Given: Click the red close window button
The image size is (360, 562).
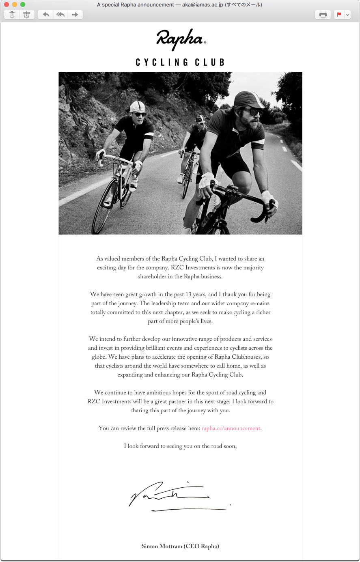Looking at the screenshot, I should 6,4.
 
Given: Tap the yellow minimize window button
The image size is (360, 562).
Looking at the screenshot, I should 15,4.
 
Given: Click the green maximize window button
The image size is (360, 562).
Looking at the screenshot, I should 23,4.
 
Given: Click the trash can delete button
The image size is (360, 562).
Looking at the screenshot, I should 12,15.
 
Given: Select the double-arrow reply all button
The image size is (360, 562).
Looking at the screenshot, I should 60,15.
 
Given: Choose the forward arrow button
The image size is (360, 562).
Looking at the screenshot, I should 75,15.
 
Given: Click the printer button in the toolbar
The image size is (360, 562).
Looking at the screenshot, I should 323,15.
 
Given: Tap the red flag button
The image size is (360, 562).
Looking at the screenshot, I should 338,15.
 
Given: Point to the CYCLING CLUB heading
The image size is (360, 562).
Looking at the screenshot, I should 180,62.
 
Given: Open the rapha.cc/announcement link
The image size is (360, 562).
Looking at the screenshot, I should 231,428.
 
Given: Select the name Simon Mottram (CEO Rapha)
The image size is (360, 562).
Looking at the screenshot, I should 180,546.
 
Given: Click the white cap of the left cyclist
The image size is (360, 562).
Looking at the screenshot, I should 137,107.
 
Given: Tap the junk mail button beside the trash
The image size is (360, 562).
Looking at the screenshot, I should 26,15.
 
